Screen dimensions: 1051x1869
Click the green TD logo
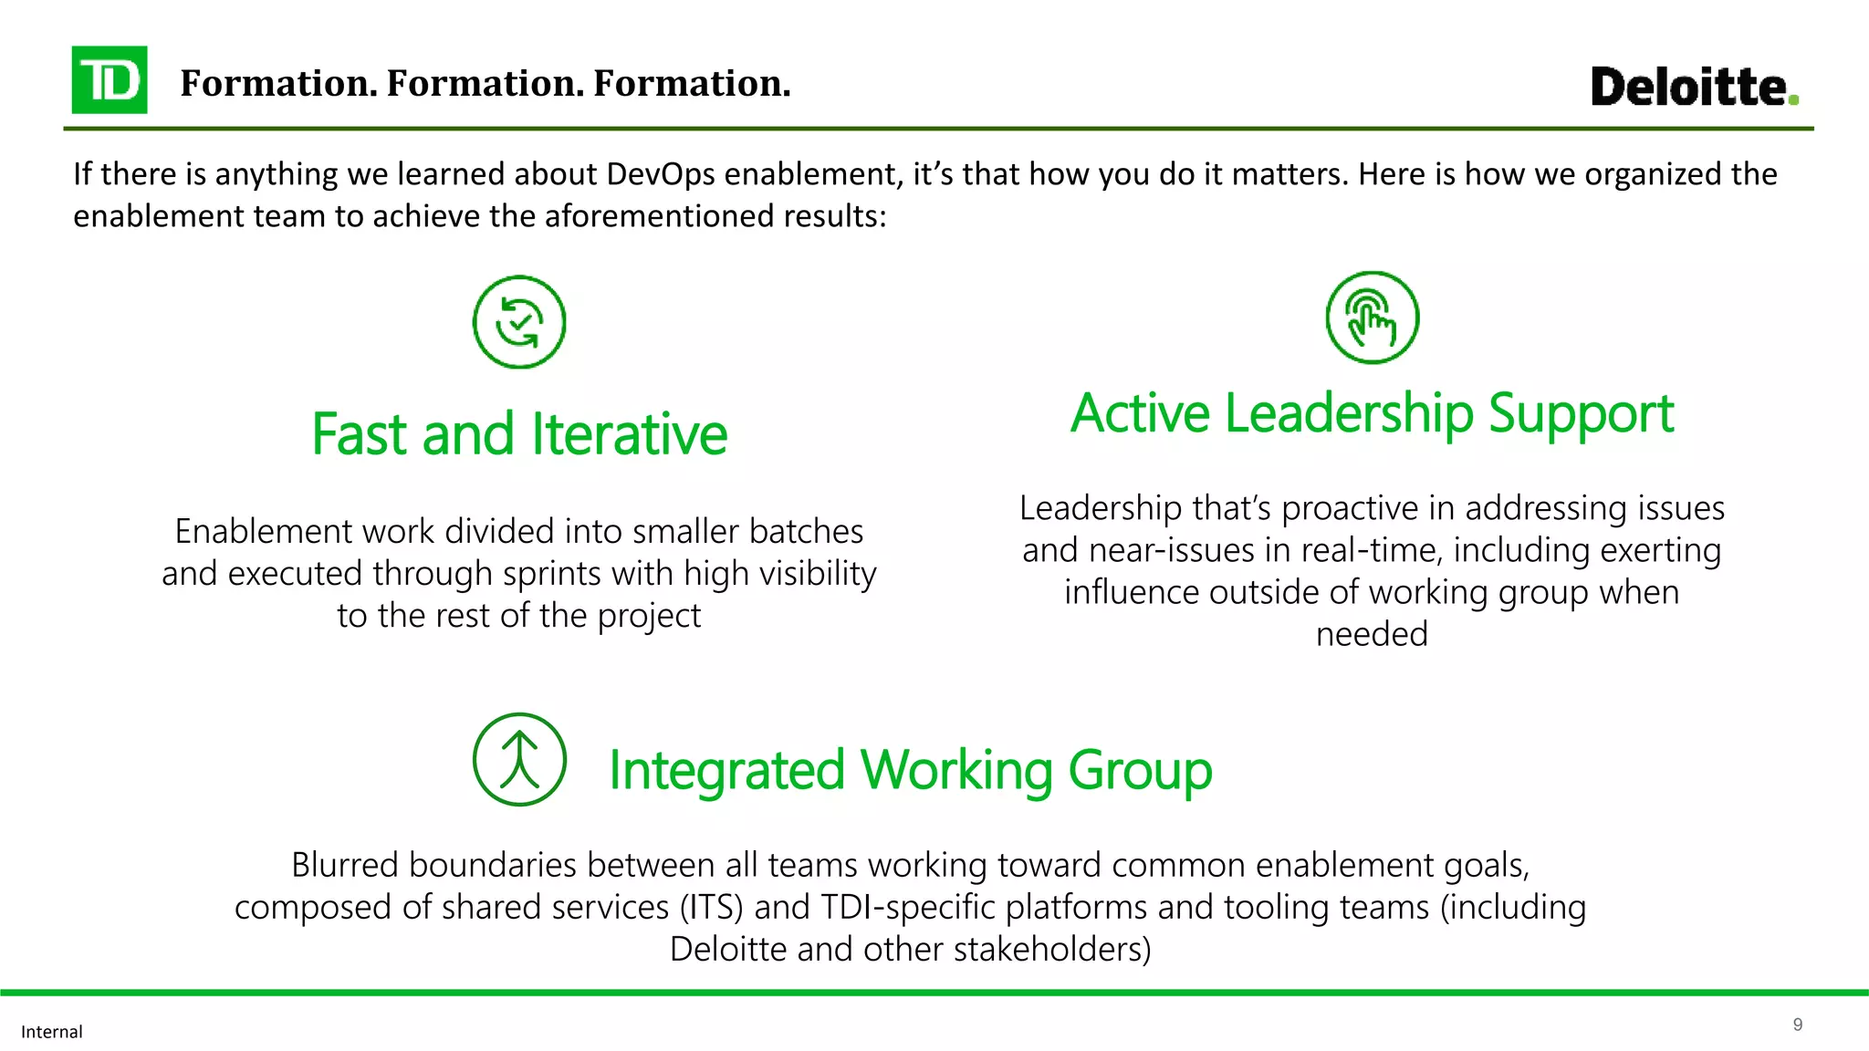click(110, 80)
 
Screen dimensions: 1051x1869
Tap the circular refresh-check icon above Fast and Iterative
click(519, 322)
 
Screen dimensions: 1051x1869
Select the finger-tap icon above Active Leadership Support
click(1372, 317)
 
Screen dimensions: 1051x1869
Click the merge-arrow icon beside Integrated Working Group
click(519, 759)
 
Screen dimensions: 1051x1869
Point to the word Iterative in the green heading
click(630, 434)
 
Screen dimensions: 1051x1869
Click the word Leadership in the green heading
click(1349, 413)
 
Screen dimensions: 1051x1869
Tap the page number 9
click(1797, 1025)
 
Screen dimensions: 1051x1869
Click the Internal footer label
click(52, 1032)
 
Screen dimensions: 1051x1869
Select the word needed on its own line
click(1372, 634)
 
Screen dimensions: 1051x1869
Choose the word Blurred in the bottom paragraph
click(346, 865)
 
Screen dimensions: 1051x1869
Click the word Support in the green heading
click(1582, 413)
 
